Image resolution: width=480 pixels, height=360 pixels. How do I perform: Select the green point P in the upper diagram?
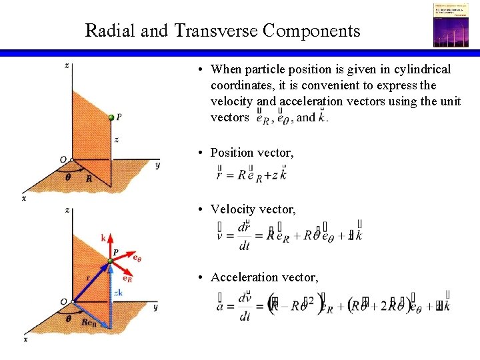coord(111,118)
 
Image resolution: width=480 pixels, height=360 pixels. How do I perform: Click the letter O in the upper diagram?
coord(63,159)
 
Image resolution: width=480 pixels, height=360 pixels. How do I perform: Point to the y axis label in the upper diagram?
coord(157,165)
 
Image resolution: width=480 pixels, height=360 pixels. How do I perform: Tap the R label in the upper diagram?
coord(89,179)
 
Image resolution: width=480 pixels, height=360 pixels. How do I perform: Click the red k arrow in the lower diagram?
coord(107,248)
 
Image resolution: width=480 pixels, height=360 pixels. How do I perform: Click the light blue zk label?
coord(118,293)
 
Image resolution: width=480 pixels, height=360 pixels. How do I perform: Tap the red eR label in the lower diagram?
coord(127,279)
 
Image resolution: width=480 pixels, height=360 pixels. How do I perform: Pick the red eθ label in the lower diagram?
coord(137,257)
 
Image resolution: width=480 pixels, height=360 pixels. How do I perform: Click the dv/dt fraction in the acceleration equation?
coord(245,306)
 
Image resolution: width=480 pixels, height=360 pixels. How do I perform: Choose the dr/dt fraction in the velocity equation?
coord(245,237)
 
